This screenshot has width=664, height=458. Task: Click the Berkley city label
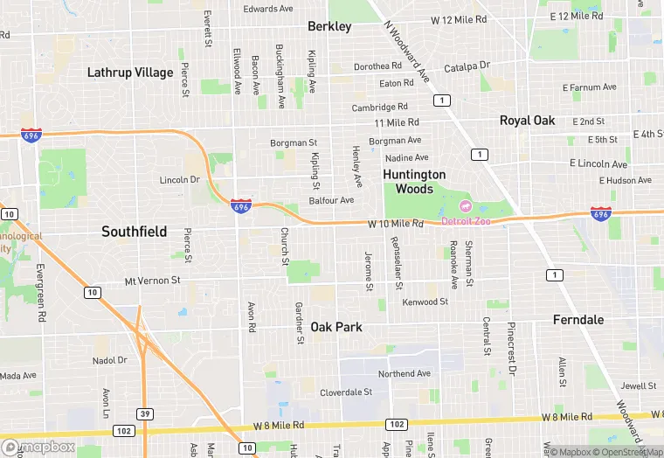tap(329, 26)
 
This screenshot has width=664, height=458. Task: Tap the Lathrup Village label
tap(130, 73)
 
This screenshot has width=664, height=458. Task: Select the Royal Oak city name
tap(527, 121)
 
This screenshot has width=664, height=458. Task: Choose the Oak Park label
tap(336, 327)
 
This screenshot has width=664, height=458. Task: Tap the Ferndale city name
tap(578, 320)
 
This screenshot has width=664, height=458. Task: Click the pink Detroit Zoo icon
tap(465, 206)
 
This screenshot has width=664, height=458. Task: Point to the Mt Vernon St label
tap(152, 281)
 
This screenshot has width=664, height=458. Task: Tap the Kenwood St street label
tap(425, 302)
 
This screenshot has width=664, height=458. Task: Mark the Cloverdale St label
tap(346, 392)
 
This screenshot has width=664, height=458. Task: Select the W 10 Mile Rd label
tap(395, 224)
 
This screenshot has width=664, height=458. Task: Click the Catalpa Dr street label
tap(467, 66)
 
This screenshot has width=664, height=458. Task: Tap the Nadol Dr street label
tap(110, 359)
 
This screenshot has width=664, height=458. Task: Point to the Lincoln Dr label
tap(180, 180)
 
